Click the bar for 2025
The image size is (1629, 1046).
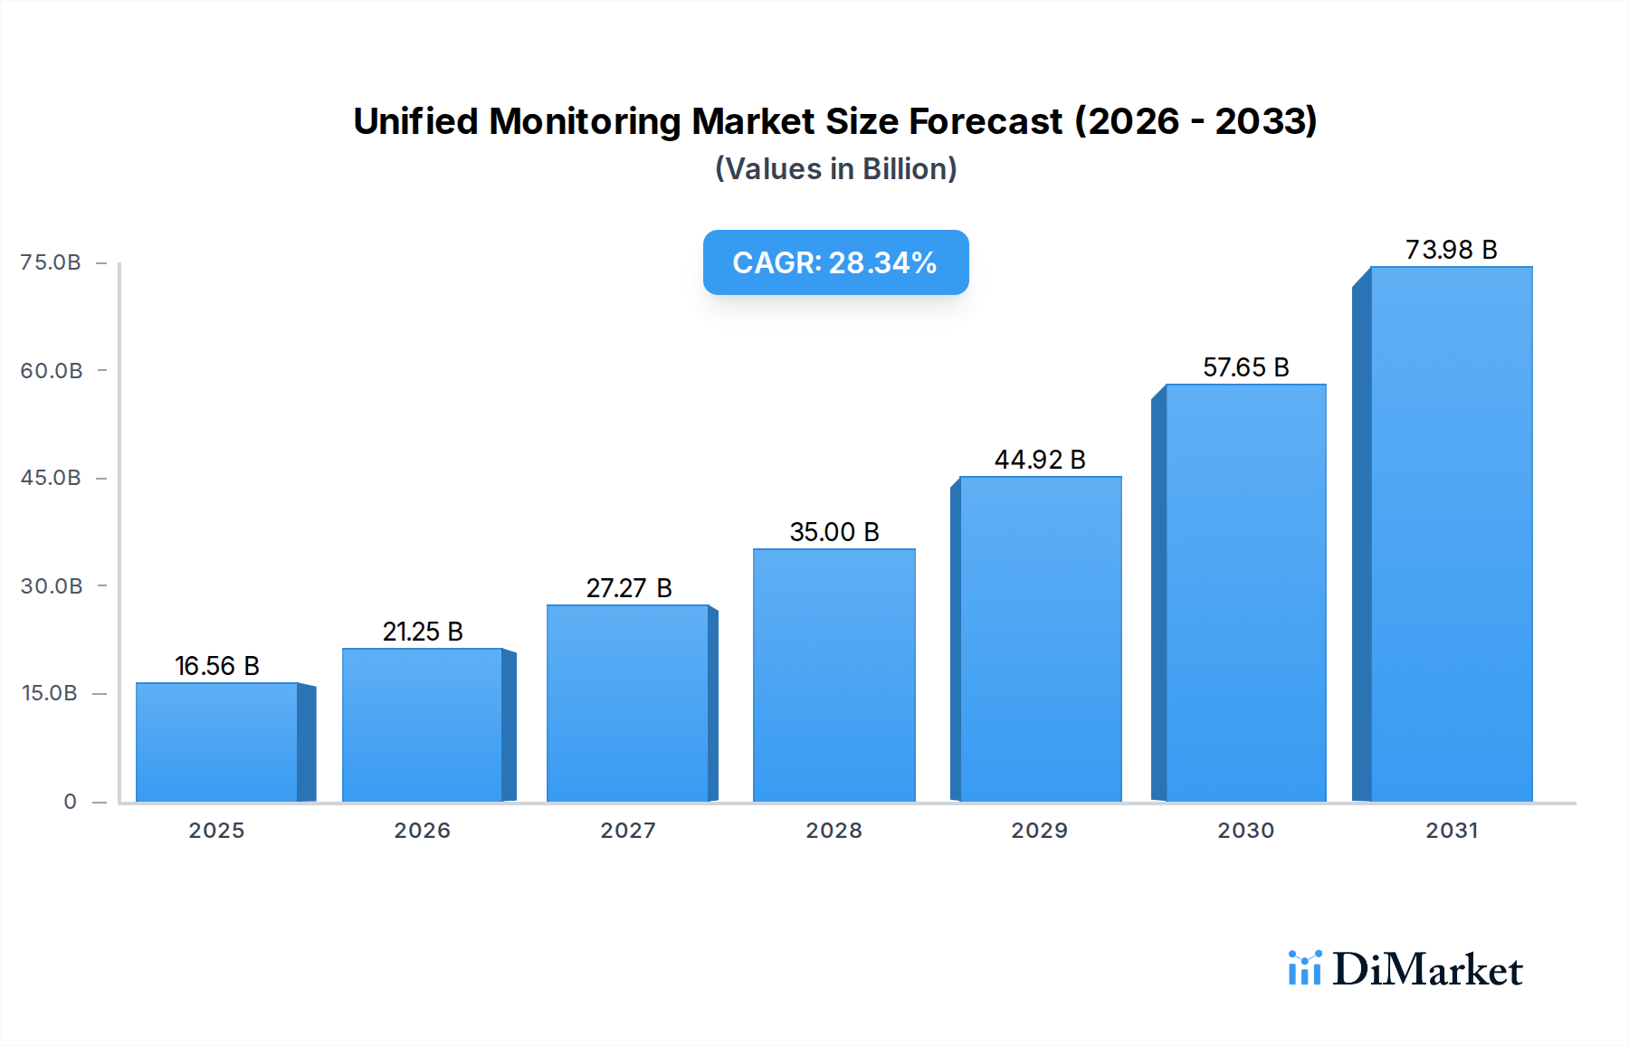coord(217,742)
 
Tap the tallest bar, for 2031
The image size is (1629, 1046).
coord(1451,534)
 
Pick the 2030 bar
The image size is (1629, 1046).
coord(1245,593)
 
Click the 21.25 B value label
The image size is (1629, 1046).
coord(423,632)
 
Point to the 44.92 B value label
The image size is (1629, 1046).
coord(1040,460)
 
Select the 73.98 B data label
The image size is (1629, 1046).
coord(1451,250)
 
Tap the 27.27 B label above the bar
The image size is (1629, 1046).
coord(629,588)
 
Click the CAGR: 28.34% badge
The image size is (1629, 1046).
coord(835,262)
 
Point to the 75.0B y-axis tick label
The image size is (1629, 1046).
coord(51,262)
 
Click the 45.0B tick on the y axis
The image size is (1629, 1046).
coord(51,478)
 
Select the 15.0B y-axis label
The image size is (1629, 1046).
coord(50,693)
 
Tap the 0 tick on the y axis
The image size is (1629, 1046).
coord(70,802)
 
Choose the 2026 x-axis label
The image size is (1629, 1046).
coord(422,831)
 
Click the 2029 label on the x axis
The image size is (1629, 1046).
coord(1039,831)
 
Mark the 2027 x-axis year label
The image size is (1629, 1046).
coord(628,831)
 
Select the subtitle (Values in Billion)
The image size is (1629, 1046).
coord(835,169)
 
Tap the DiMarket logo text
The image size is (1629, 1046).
coord(1427,970)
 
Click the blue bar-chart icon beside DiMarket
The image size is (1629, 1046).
coord(1304,968)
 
